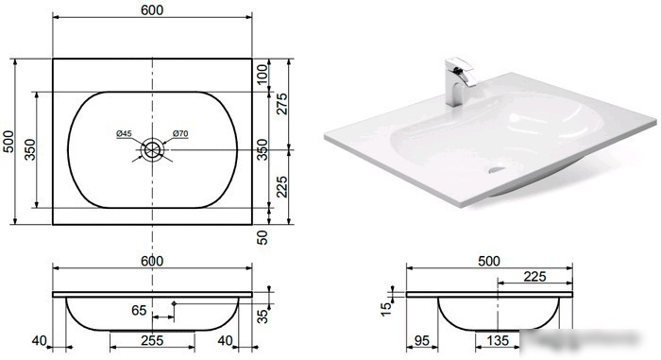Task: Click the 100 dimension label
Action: coord(262,75)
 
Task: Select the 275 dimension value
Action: coord(281,104)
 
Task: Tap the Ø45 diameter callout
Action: coord(124,134)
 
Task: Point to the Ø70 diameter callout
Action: coord(180,134)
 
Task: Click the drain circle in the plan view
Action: coord(152,149)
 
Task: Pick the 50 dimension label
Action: coord(262,237)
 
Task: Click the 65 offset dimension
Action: coord(139,311)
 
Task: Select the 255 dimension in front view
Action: coord(152,340)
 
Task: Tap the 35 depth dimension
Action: coord(263,317)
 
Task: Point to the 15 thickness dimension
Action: coord(386,309)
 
